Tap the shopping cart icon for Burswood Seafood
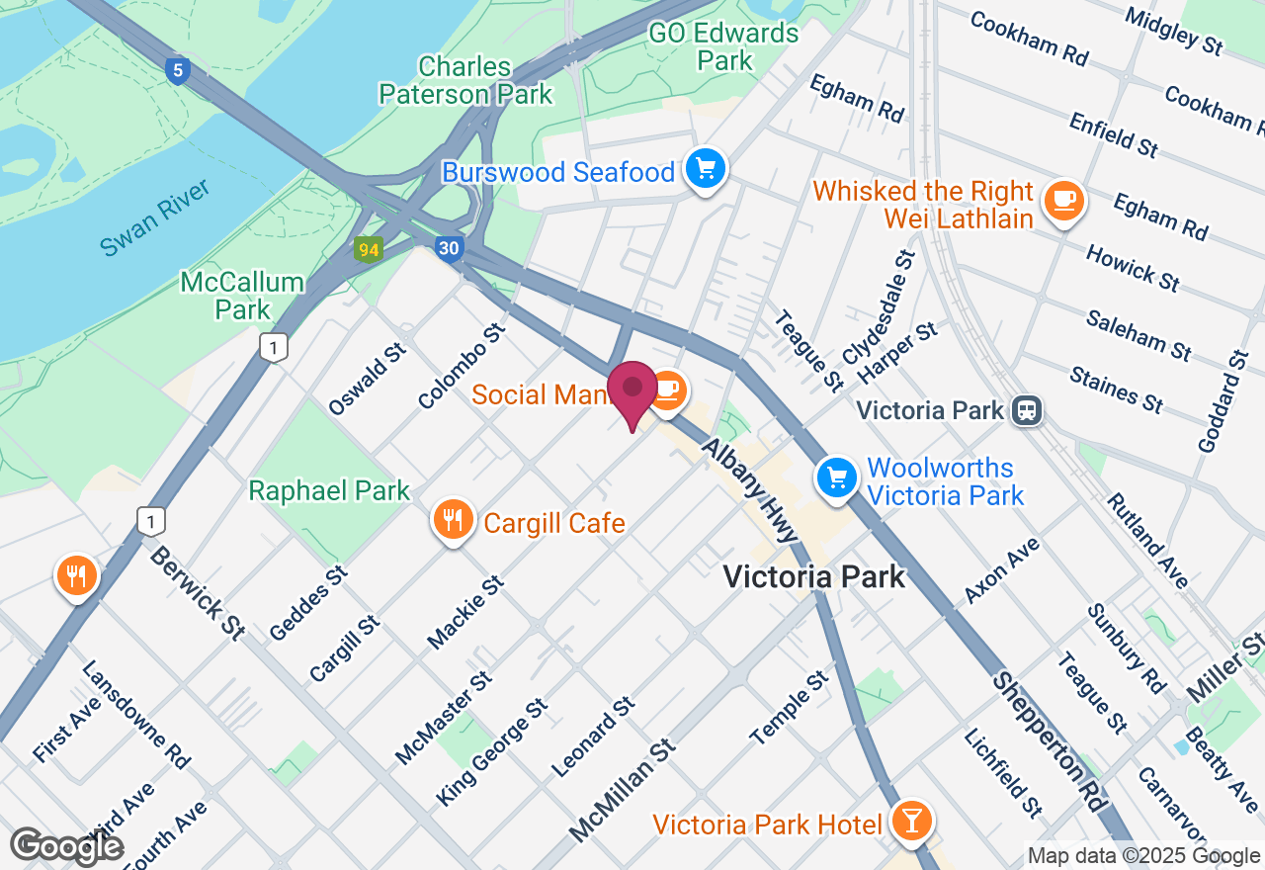(x=706, y=169)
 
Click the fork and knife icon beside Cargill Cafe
(x=453, y=518)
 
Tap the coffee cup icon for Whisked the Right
(x=1064, y=200)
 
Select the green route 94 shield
(x=369, y=249)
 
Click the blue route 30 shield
(x=449, y=248)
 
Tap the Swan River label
(x=155, y=217)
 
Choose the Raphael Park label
(x=329, y=490)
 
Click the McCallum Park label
(x=242, y=296)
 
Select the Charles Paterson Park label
(x=485, y=80)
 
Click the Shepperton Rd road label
(x=1049, y=741)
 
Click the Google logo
(x=66, y=847)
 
